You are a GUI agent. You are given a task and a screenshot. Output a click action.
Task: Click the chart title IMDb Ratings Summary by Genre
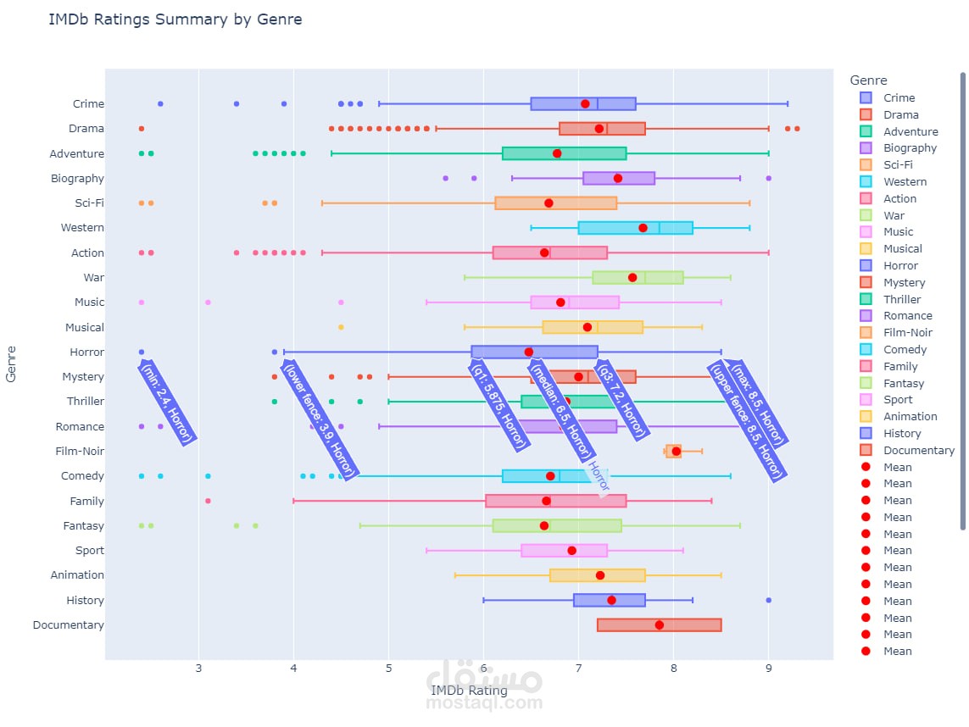pyautogui.click(x=175, y=19)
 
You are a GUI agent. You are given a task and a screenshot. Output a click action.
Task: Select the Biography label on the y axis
pyautogui.click(x=77, y=178)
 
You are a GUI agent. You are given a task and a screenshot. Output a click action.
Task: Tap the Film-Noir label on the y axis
pyautogui.click(x=80, y=451)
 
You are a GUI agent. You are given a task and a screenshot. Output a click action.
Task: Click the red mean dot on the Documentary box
pyautogui.click(x=660, y=625)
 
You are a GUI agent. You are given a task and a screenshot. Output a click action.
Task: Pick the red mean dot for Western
pyautogui.click(x=643, y=228)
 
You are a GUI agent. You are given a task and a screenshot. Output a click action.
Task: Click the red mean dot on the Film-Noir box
pyautogui.click(x=677, y=451)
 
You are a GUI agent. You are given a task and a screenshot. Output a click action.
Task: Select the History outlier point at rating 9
pyautogui.click(x=768, y=600)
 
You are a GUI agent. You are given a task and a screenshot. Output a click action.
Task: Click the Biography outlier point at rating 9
pyautogui.click(x=768, y=178)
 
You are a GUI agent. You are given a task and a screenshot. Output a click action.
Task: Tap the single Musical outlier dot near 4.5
pyautogui.click(x=341, y=327)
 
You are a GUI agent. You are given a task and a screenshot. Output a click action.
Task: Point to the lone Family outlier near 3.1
pyautogui.click(x=208, y=501)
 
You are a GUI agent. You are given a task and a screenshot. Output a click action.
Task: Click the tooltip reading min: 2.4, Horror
pyautogui.click(x=167, y=402)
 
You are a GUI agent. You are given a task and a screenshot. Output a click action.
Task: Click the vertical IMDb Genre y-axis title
pyautogui.click(x=12, y=363)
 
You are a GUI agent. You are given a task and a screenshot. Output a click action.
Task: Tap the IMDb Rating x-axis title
pyautogui.click(x=469, y=691)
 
